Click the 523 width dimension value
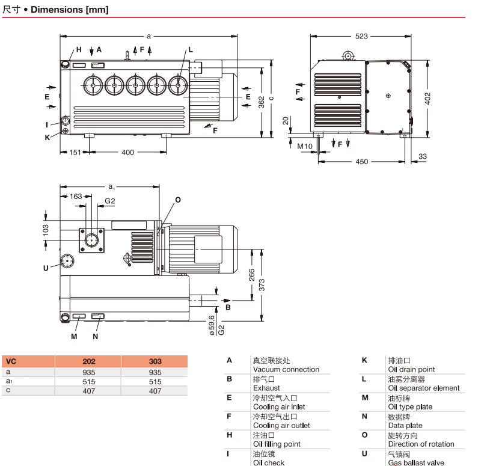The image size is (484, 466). pyautogui.click(x=361, y=36)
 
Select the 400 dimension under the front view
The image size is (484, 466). pyautogui.click(x=128, y=152)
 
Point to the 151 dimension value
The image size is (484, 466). pyautogui.click(x=75, y=152)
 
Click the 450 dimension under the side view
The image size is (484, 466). pyautogui.click(x=361, y=161)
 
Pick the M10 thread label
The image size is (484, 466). pyautogui.click(x=305, y=146)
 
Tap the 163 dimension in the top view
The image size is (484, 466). pyautogui.click(x=76, y=196)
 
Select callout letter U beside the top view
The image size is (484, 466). pyautogui.click(x=45, y=268)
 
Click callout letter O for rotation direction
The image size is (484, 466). pyautogui.click(x=177, y=199)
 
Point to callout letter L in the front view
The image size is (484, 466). pyautogui.click(x=191, y=50)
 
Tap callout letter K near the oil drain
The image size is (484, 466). pyautogui.click(x=47, y=136)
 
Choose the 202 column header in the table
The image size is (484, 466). pyautogui.click(x=88, y=362)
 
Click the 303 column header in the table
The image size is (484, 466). pyautogui.click(x=155, y=362)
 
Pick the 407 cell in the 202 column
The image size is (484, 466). pyautogui.click(x=88, y=391)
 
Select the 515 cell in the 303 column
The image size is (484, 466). pyautogui.click(x=155, y=381)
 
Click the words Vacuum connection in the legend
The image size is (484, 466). pyautogui.click(x=286, y=369)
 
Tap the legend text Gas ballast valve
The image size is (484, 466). pyautogui.click(x=416, y=462)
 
